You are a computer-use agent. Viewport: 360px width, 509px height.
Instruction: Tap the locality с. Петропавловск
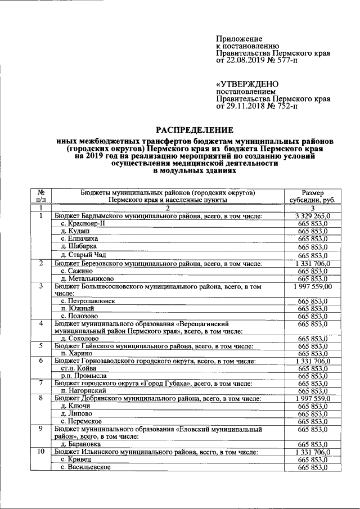(90, 301)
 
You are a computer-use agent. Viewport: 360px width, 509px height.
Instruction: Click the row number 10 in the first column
(40, 452)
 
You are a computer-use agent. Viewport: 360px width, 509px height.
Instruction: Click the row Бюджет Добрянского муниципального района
(157, 398)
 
